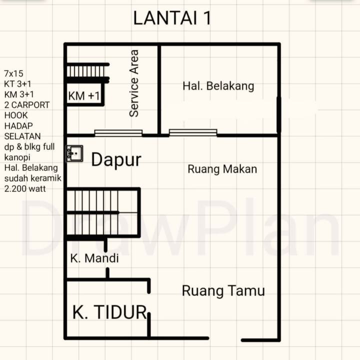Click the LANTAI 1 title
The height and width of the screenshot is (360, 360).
click(x=172, y=18)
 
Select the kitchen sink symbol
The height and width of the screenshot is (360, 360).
click(x=74, y=153)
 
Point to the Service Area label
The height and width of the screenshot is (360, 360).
click(x=134, y=83)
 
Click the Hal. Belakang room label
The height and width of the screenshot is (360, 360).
click(x=218, y=86)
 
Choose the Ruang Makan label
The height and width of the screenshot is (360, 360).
click(x=222, y=169)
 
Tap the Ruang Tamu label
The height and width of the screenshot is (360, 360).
click(x=223, y=291)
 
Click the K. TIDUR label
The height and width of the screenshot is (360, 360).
click(x=109, y=312)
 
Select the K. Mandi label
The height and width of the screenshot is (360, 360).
click(x=94, y=258)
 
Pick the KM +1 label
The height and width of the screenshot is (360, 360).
click(x=84, y=95)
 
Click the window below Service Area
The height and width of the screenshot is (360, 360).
click(x=118, y=133)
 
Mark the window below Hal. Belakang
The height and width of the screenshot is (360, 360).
click(x=193, y=132)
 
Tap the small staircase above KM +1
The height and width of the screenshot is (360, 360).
click(x=87, y=71)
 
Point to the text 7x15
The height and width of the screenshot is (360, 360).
click(x=13, y=73)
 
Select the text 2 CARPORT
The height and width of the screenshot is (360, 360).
click(x=27, y=105)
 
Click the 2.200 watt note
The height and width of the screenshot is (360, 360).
click(x=25, y=188)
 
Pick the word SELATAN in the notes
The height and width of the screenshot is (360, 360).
click(x=22, y=136)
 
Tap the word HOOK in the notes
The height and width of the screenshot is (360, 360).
click(x=16, y=115)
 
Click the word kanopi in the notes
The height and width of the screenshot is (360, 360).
click(x=17, y=157)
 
